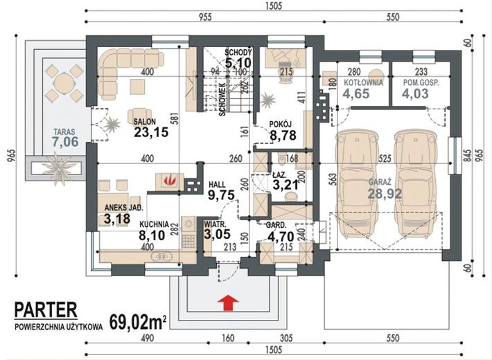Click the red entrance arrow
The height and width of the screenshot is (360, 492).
point(229,303)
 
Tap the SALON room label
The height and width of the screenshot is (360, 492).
point(144,121)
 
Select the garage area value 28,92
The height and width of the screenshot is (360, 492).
point(385,193)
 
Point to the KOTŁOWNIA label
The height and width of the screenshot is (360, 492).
point(363,82)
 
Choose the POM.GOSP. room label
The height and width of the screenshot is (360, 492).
point(421,83)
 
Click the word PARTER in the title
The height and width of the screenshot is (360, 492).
point(46,309)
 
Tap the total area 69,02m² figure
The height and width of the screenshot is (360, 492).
point(138,322)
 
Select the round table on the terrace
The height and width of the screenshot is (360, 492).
point(64,83)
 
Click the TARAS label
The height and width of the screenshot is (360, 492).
point(64,132)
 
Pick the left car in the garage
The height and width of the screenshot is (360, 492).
point(356,185)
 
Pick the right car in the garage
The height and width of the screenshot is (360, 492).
point(416,185)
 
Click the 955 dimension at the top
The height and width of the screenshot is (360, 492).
point(205,17)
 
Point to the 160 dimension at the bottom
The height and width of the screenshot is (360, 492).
point(228,339)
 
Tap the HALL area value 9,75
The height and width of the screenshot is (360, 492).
point(221,195)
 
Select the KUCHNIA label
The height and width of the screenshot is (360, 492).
point(154,224)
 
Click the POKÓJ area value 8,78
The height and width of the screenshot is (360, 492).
point(283,135)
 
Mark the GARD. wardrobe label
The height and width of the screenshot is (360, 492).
point(276,225)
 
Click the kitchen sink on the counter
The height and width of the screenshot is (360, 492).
point(161,257)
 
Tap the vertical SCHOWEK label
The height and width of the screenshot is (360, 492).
point(222,100)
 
